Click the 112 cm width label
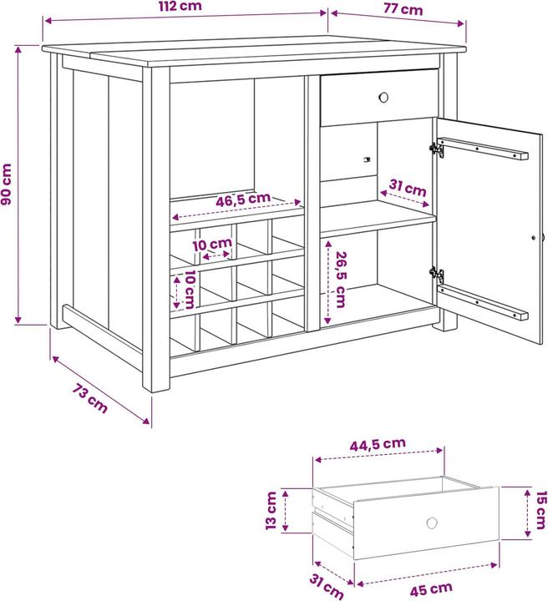[x=180, y=6]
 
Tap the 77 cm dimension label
[x=403, y=9]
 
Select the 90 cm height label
[x=7, y=184]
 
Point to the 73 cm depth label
[x=90, y=399]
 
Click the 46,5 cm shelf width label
[x=243, y=199]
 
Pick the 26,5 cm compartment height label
[x=341, y=280]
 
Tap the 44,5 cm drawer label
[x=378, y=444]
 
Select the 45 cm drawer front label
[x=431, y=589]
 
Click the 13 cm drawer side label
[x=271, y=511]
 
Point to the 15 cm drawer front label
[x=540, y=510]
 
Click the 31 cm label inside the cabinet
[x=408, y=188]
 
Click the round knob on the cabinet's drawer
[x=383, y=97]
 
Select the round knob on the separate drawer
[x=432, y=523]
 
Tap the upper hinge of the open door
[x=437, y=149]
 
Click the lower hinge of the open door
[x=437, y=275]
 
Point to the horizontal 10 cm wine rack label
[x=212, y=244]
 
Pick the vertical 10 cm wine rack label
[x=190, y=290]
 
